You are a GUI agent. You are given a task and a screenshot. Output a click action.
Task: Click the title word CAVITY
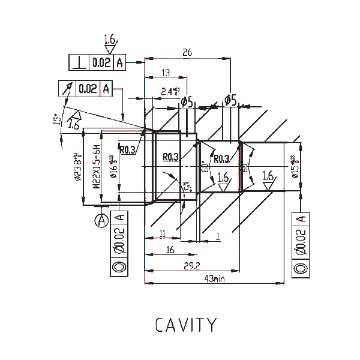185,325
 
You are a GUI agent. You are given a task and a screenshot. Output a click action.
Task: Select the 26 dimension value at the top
187,53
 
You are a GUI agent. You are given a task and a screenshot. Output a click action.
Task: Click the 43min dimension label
215,278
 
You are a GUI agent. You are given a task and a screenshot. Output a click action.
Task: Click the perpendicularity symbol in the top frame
79,62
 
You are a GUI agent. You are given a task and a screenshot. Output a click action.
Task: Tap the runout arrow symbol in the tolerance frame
67,89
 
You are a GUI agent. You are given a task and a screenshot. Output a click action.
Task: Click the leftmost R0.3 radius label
127,150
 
